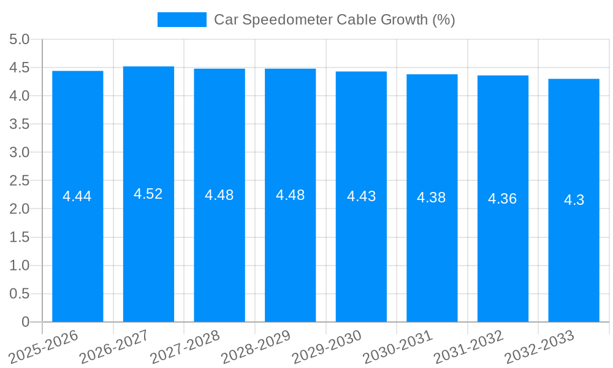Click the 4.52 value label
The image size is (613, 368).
pyautogui.click(x=148, y=194)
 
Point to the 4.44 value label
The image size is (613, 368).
pyautogui.click(x=77, y=196)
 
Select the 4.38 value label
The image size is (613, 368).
pyautogui.click(x=432, y=197)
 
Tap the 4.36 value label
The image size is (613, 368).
pyautogui.click(x=503, y=199)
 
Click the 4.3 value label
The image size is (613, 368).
pyautogui.click(x=574, y=200)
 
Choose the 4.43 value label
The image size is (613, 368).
pyautogui.click(x=361, y=196)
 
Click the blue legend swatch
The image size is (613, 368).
pyautogui.click(x=181, y=20)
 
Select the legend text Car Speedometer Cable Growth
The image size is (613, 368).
pyautogui.click(x=334, y=20)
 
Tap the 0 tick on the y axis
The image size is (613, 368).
pyautogui.click(x=25, y=322)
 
